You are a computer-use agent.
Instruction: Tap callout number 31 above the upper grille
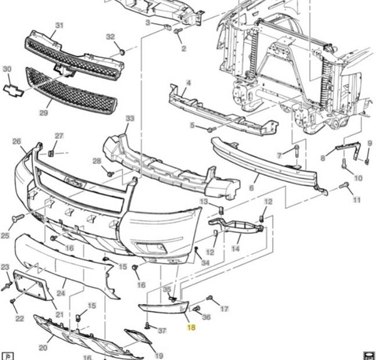coord(60,26)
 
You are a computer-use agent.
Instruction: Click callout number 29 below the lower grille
coord(43,113)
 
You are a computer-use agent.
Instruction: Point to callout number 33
coord(130,118)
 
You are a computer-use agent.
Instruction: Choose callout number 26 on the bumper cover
coord(17,141)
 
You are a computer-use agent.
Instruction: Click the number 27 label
coord(59,136)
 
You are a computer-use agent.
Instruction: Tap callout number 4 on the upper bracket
coord(189,83)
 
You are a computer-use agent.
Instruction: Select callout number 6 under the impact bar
coord(251,187)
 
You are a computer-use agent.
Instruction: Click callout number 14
coord(236,249)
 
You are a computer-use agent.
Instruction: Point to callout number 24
coord(61,292)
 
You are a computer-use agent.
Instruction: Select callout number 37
coord(162,330)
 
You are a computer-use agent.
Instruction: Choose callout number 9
coord(370,144)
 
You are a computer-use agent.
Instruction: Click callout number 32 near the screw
coord(110,37)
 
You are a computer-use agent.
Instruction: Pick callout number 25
coord(6,236)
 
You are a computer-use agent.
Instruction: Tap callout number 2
coord(184,48)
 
